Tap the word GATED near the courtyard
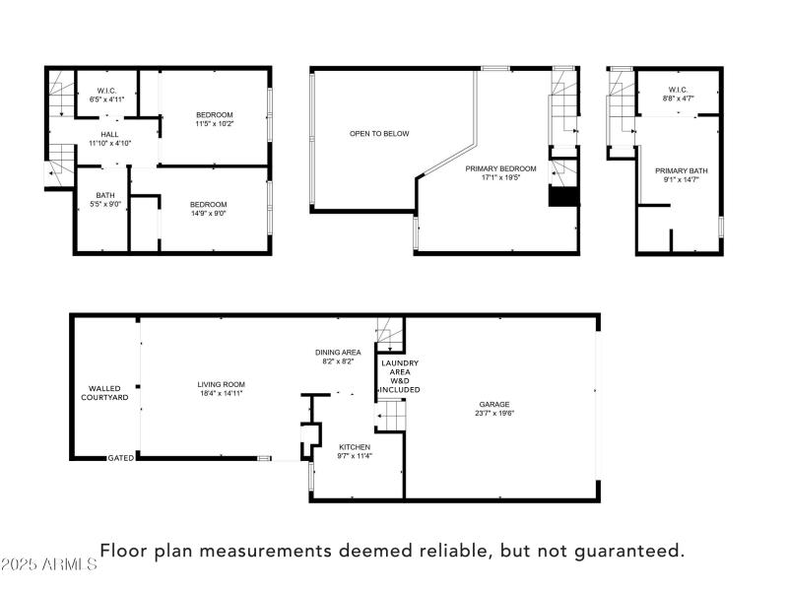(121, 458)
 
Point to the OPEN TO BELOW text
(379, 134)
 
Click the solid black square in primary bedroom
(563, 197)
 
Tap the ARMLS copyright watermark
(49, 564)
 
